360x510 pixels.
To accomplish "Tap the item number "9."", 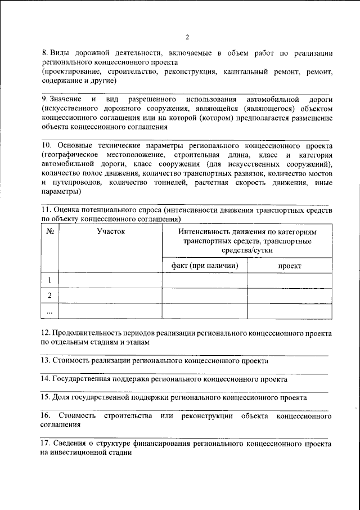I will pyautogui.click(x=48, y=99).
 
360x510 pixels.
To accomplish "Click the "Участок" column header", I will pyautogui.click(x=110, y=231).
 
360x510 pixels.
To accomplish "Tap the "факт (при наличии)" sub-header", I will pyautogui.click(x=204, y=265).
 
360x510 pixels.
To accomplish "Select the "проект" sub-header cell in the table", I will pyautogui.click(x=289, y=265).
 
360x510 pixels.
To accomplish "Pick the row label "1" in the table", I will pyautogui.click(x=49, y=280).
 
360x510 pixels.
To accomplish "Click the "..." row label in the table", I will pyautogui.click(x=49, y=311).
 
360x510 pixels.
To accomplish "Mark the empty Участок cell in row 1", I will pyautogui.click(x=110, y=280).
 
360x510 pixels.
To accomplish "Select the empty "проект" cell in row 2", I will pyautogui.click(x=289, y=296).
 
